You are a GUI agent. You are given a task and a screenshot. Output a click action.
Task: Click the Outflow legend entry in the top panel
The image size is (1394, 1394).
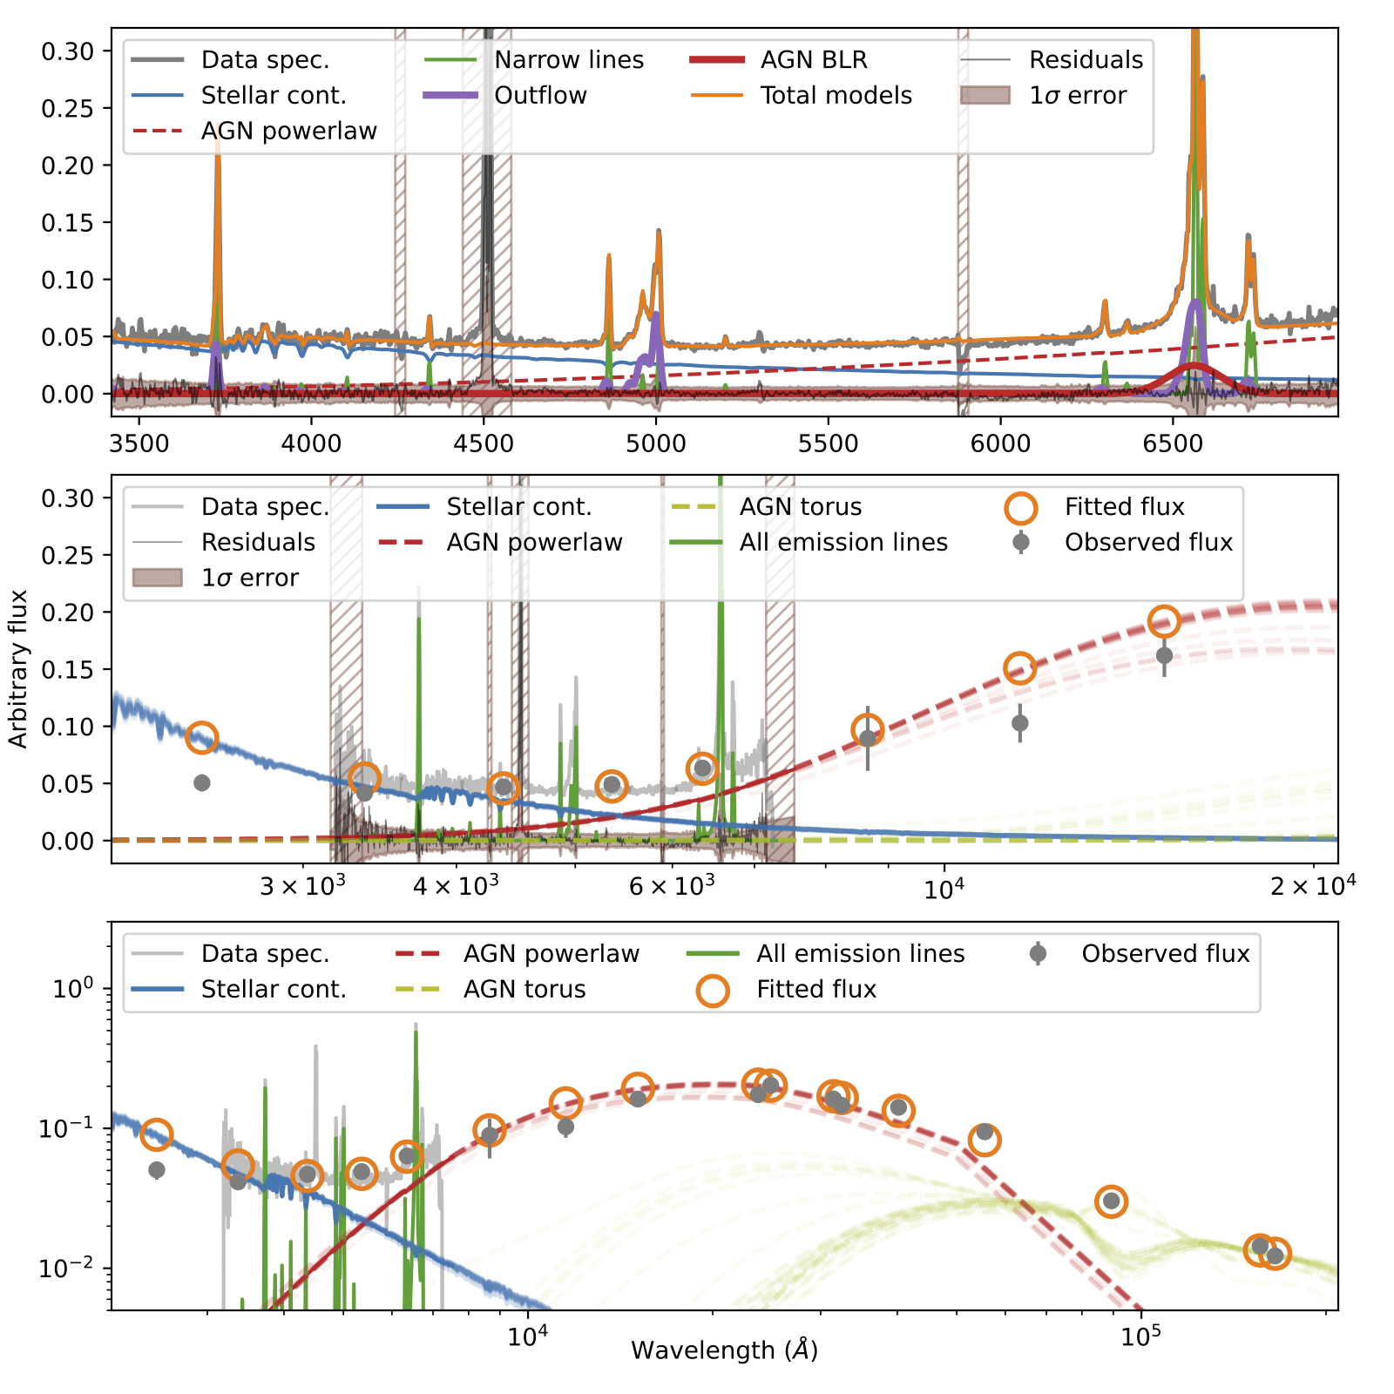(x=540, y=95)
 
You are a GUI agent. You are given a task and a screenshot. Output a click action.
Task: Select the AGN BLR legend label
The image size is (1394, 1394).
(x=813, y=59)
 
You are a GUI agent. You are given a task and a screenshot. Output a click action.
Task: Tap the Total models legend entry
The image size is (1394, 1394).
(x=836, y=95)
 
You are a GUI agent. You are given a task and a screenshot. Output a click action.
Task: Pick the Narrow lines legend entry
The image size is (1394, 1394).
(x=568, y=59)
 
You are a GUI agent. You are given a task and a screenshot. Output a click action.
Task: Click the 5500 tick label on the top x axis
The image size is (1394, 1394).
(x=828, y=443)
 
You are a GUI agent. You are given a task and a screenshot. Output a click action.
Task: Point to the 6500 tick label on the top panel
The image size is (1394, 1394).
(x=1172, y=443)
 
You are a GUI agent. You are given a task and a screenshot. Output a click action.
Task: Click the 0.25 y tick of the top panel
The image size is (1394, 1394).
(x=67, y=108)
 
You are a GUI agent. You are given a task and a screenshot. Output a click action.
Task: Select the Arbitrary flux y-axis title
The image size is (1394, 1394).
(x=18, y=668)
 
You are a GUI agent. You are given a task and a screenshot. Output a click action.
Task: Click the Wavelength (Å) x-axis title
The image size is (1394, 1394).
(x=724, y=1350)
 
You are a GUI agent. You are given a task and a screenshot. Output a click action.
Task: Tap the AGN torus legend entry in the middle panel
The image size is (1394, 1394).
(x=800, y=506)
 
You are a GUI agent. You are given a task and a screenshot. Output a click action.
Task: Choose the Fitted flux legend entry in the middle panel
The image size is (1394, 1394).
(x=1124, y=506)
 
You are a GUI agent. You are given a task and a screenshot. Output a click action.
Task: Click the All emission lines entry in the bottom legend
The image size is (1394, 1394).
(x=860, y=953)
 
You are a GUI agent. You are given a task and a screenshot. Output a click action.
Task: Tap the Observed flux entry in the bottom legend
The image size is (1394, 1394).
(x=1165, y=953)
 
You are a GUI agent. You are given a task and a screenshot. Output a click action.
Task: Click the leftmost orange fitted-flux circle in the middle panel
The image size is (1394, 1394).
(x=201, y=737)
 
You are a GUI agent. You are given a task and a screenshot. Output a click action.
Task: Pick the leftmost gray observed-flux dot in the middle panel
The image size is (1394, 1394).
(x=201, y=782)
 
